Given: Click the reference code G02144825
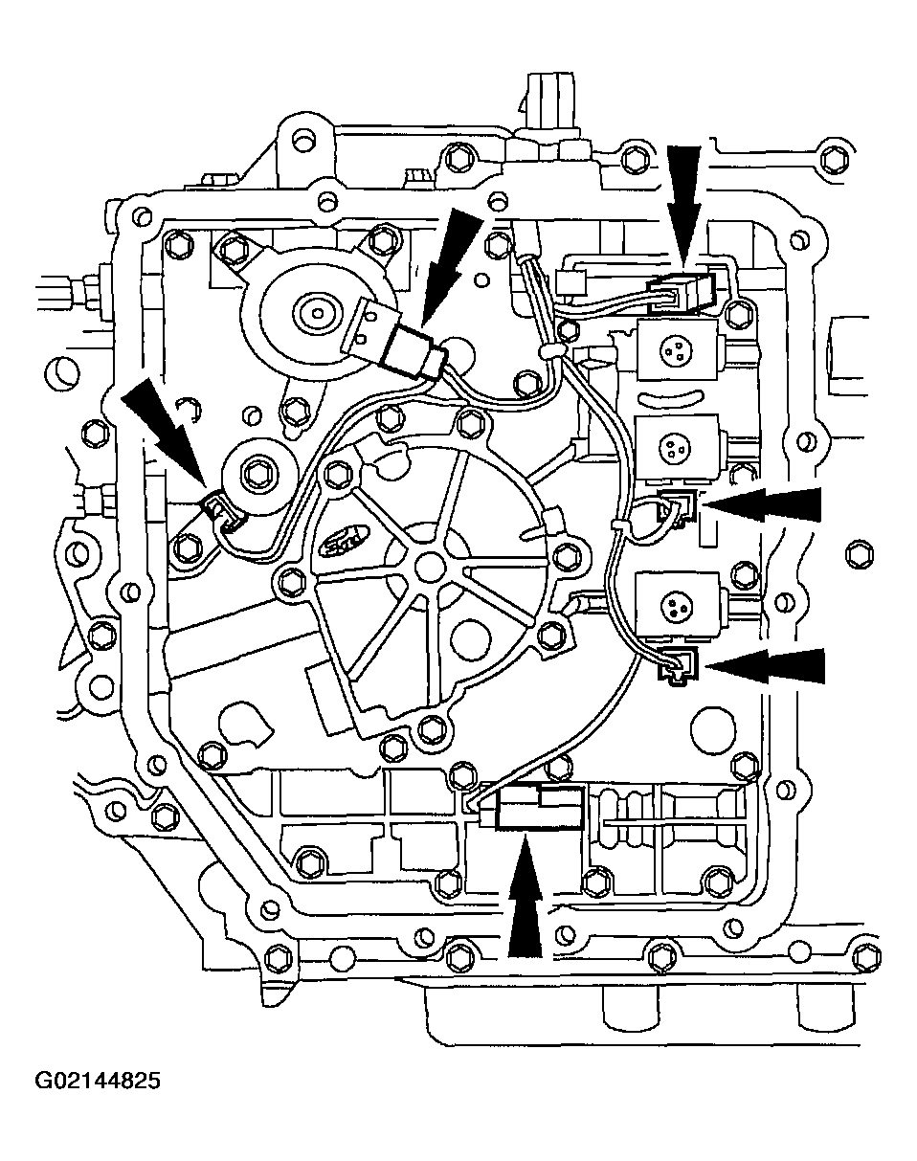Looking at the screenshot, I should tap(99, 1082).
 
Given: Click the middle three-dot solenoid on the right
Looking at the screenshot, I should tap(674, 446).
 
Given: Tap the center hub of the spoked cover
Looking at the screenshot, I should tap(427, 565).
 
